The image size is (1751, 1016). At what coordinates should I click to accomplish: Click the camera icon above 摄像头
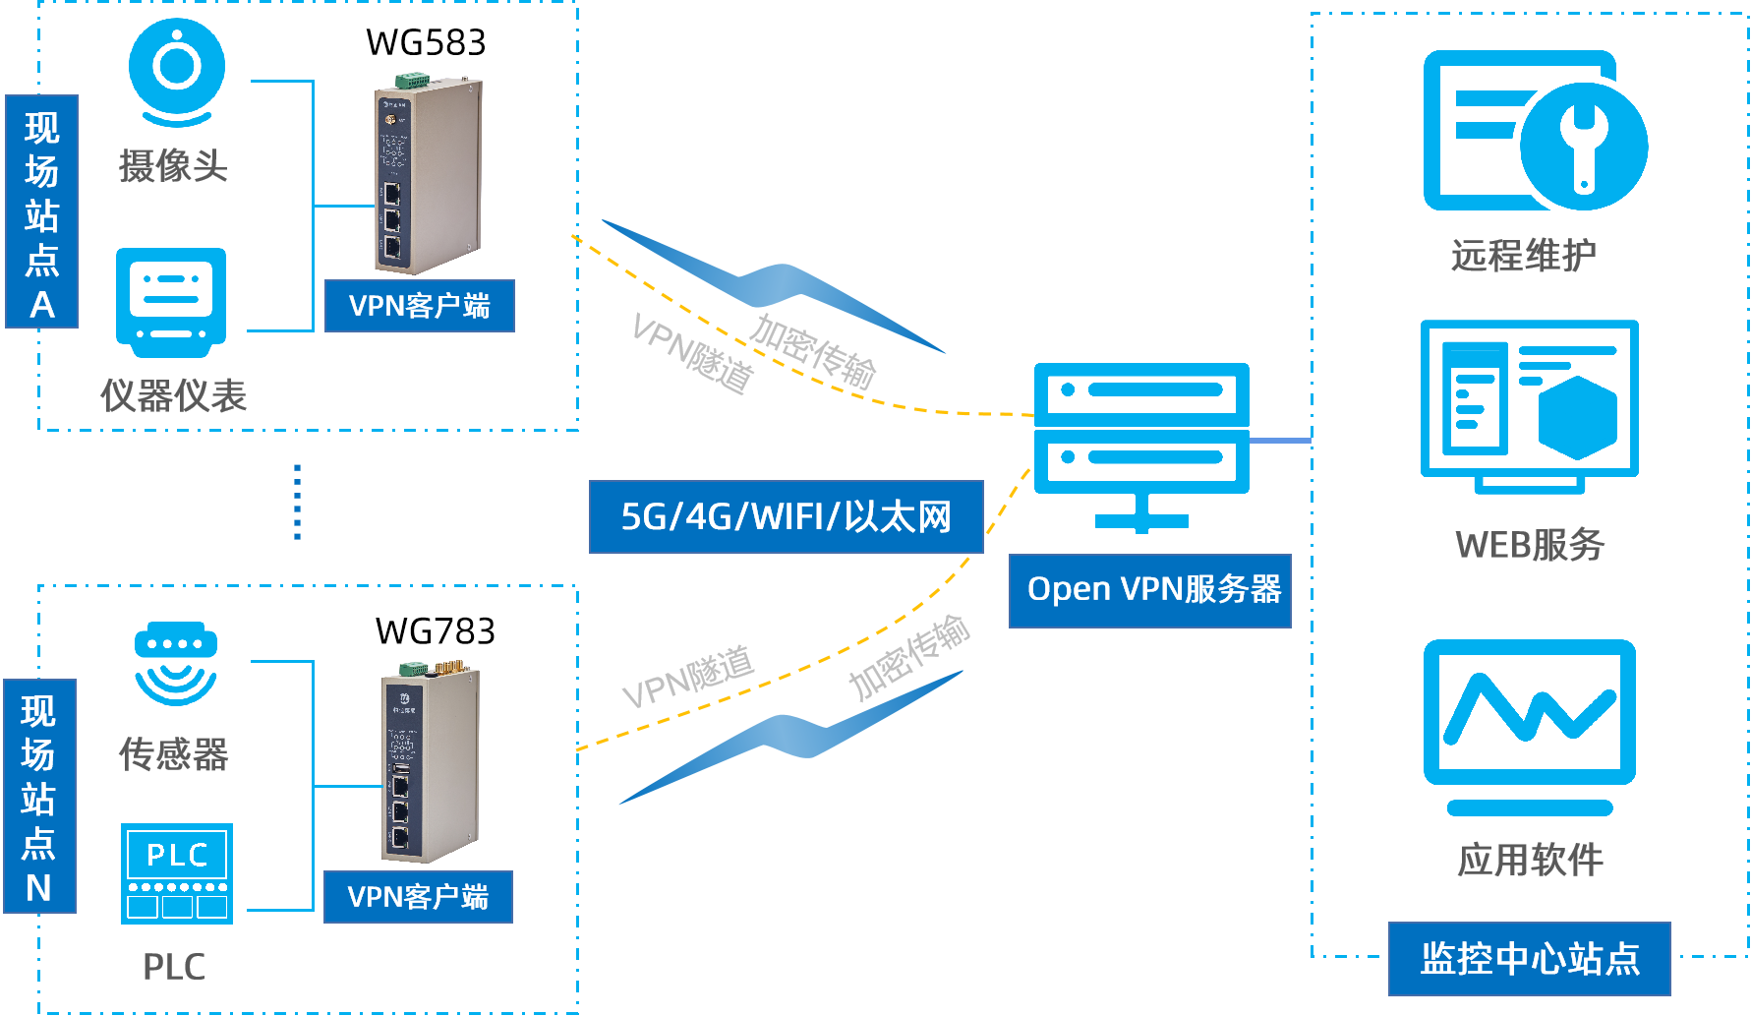(x=177, y=71)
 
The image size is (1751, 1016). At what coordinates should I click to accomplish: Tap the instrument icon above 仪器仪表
(x=171, y=301)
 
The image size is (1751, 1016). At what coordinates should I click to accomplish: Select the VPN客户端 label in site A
(x=419, y=306)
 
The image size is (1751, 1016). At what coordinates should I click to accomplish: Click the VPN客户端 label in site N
(x=418, y=896)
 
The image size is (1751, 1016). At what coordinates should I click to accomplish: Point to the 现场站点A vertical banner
(x=41, y=211)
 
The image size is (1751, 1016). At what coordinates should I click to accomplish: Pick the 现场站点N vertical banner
(x=39, y=796)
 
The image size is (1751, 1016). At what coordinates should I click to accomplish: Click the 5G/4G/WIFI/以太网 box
(x=786, y=516)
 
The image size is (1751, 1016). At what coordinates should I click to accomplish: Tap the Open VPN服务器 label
(x=1149, y=590)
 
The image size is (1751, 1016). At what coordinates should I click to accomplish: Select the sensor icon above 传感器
(x=176, y=663)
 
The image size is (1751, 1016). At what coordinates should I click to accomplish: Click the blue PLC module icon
(x=177, y=873)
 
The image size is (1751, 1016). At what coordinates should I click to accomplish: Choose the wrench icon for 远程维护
(x=1582, y=145)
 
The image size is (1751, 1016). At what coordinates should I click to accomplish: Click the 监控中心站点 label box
(x=1529, y=958)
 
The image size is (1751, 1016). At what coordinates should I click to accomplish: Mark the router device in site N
(x=430, y=762)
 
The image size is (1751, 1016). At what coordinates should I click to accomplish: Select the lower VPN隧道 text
(x=688, y=677)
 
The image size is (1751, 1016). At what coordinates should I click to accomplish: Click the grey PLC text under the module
(x=174, y=967)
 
